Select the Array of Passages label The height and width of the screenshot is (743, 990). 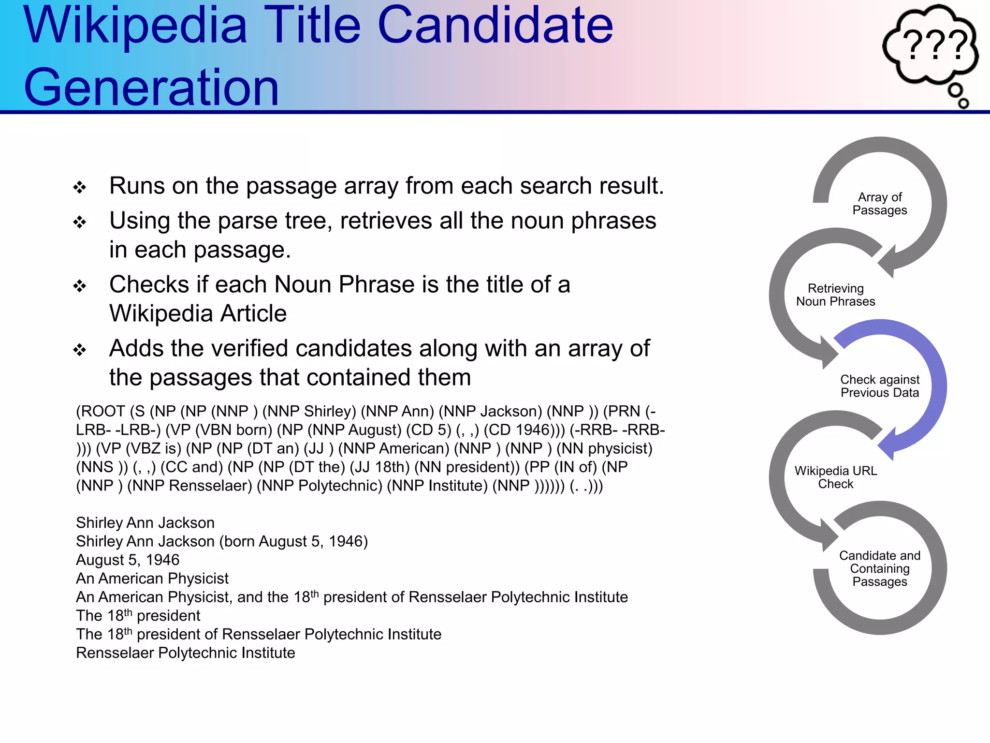click(x=879, y=204)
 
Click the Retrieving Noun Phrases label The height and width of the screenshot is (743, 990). click(x=835, y=295)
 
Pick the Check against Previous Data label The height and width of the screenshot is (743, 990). click(x=879, y=386)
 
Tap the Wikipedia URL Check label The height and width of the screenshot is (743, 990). click(x=835, y=477)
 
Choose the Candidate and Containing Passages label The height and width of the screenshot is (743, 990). click(x=879, y=568)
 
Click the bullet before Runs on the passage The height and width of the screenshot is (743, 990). click(x=80, y=187)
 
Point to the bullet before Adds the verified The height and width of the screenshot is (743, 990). click(x=80, y=350)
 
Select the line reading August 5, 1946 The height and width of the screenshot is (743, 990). click(x=128, y=560)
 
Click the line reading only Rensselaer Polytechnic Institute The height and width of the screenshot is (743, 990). click(x=186, y=653)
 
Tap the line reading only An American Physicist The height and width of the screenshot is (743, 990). click(x=152, y=579)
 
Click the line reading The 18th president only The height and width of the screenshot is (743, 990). click(x=138, y=616)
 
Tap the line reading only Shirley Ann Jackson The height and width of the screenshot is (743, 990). click(x=145, y=523)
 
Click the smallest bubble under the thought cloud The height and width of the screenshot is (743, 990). click(x=963, y=103)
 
